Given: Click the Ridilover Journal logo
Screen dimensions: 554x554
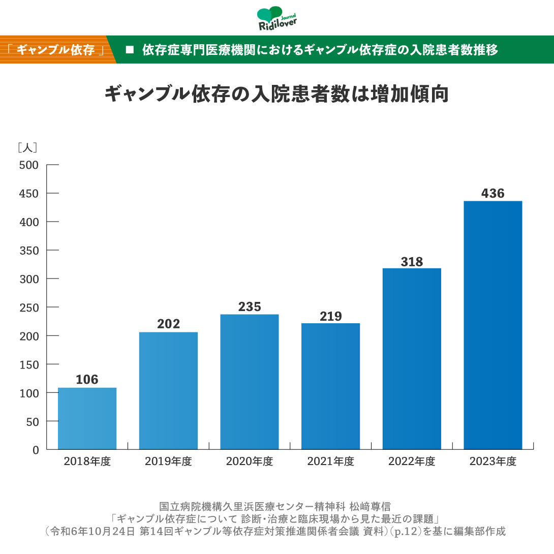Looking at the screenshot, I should click(277, 19).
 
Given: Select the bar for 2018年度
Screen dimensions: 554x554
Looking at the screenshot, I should click(87, 418).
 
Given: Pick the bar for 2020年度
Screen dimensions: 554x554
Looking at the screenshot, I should click(250, 382).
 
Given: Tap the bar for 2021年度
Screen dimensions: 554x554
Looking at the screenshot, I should click(330, 386).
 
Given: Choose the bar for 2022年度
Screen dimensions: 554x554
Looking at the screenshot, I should click(412, 358).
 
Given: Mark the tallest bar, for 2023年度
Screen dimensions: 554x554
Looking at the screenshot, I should click(493, 325).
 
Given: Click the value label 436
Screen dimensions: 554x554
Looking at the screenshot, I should click(493, 194).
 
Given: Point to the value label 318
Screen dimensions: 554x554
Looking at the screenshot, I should click(412, 262).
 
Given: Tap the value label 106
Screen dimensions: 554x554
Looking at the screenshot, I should click(87, 380).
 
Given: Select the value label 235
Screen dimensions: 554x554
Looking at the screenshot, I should click(250, 307).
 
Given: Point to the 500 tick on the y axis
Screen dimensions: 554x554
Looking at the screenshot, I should click(28, 165).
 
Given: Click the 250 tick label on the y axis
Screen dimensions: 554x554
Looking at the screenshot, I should click(28, 307).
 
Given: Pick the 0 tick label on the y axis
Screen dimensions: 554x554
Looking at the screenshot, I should click(36, 450).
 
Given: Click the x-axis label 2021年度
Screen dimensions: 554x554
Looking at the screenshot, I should click(330, 461).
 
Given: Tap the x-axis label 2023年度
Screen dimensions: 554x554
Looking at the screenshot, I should click(493, 461).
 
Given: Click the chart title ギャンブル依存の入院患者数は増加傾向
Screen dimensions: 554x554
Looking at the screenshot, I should click(276, 95).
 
